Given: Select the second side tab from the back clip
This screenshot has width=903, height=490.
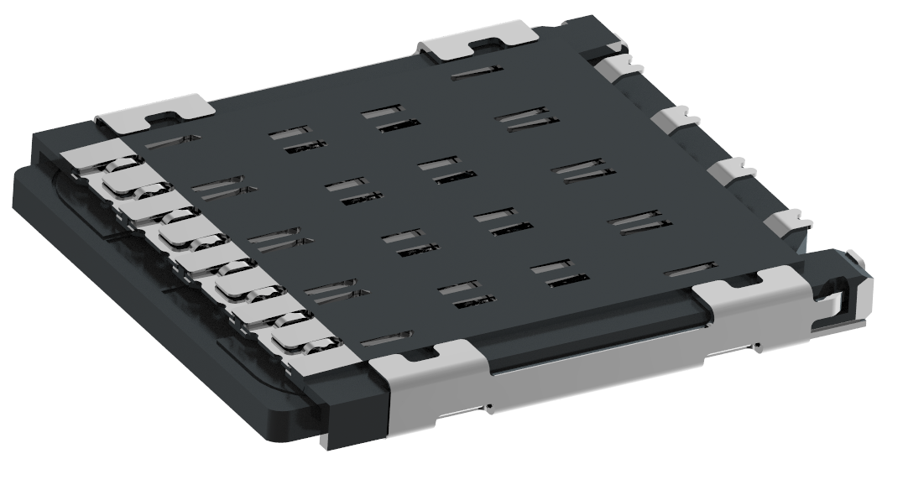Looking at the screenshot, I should pos(672,118).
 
